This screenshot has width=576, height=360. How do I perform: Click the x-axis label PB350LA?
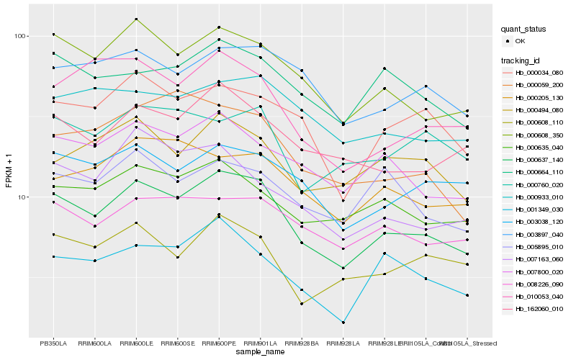coord(53,343)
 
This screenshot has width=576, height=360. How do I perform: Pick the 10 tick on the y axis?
coord(22,197)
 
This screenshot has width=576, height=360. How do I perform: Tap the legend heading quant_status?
coord(524,30)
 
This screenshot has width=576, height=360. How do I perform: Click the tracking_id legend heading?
coord(522,60)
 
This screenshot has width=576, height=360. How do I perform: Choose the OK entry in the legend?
coord(521,41)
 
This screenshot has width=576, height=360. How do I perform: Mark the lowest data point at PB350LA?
coord(53,256)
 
